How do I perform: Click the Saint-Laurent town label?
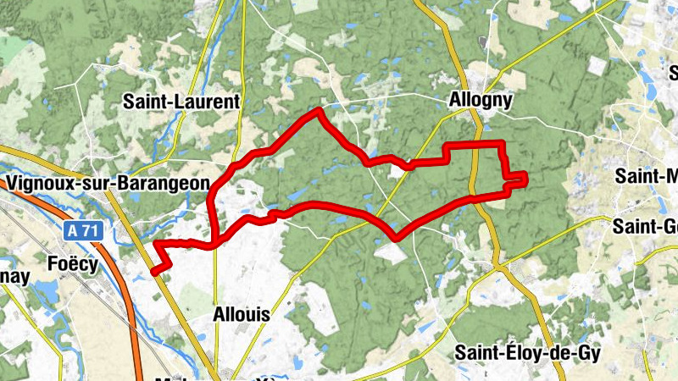pos(182,102)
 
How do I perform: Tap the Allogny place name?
pos(480,101)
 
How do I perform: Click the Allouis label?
pos(241,314)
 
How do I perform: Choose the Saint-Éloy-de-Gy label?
pos(528,353)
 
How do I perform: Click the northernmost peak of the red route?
pos(319,110)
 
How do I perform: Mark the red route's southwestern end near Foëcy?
pos(154,271)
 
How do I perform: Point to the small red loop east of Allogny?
pos(515,177)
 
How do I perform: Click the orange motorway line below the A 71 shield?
pos(119,279)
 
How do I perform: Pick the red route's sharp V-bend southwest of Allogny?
pos(395,236)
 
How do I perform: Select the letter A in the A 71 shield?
pos(75,230)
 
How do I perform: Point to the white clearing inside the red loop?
pos(397,171)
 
